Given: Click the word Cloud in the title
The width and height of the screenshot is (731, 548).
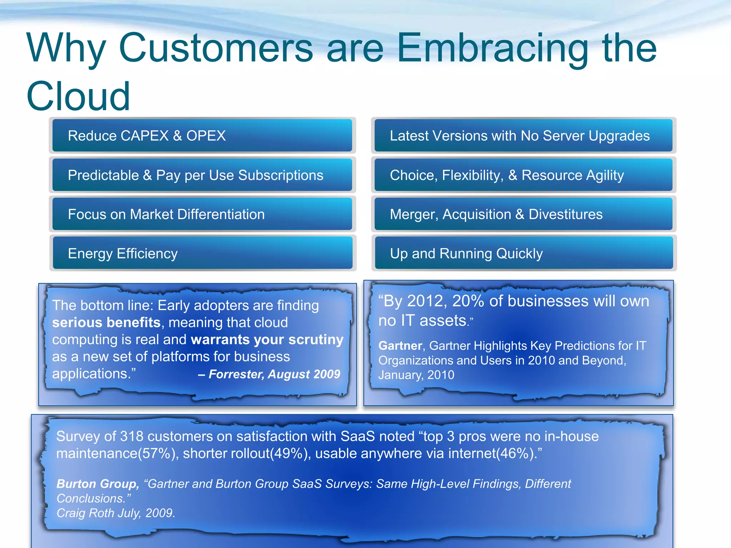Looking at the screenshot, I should [78, 96].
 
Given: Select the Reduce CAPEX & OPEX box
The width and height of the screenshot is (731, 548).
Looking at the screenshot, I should [202, 136].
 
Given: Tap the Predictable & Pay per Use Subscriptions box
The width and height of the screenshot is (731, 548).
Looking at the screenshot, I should [202, 175].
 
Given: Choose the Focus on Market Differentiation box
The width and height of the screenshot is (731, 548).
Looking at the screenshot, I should [202, 214].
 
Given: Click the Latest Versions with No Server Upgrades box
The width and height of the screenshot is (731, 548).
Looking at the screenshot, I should [523, 136].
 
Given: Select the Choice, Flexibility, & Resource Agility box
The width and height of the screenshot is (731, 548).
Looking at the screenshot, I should [523, 175].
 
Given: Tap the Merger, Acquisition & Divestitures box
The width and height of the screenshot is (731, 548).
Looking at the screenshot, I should [523, 214].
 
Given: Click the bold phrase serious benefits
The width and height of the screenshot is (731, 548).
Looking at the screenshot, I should [106, 323].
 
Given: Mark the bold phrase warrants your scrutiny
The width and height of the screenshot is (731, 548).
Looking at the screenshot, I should [267, 340].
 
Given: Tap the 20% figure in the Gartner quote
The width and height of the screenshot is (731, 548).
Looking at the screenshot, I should [468, 301].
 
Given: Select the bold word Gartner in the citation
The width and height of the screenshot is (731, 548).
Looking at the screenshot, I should [400, 346].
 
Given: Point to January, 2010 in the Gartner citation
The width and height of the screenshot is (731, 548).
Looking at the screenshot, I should [416, 375].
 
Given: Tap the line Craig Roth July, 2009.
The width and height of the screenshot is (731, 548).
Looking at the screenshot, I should [116, 513].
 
